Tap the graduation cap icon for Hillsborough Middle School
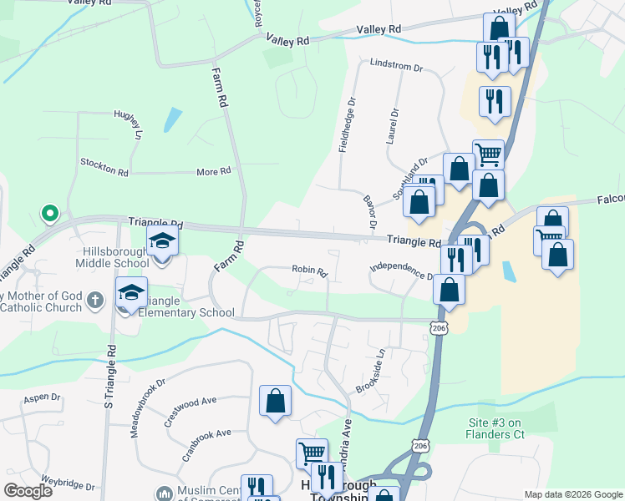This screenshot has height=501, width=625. pos(163,242)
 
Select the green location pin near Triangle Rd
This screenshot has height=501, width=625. pos(49,214)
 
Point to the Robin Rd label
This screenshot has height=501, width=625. pos(309,270)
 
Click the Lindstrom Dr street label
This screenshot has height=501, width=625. pos(396,64)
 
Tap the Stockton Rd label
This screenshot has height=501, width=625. pos(104,167)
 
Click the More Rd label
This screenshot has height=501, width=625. pos(213,172)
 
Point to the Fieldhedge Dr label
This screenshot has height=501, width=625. pos(348,125)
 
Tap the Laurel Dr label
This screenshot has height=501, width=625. pos(393,126)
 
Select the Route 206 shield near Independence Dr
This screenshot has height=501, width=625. pos(440,329)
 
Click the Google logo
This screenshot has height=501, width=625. pos(28,491)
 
